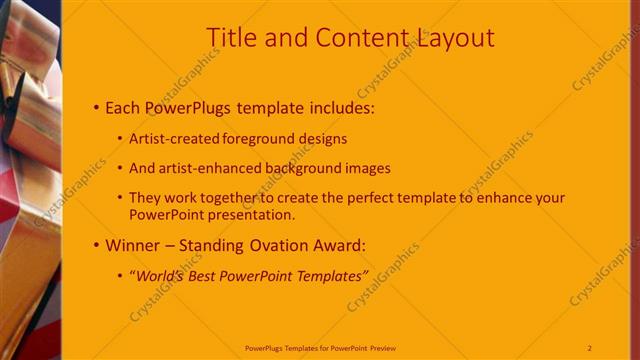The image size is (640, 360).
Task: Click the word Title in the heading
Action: [x=230, y=38]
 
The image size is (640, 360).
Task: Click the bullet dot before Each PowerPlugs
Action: [x=95, y=107]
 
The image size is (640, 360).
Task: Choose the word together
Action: [x=221, y=198]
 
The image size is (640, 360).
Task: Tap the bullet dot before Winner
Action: [x=95, y=244]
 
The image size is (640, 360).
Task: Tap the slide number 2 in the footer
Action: [x=590, y=347]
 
